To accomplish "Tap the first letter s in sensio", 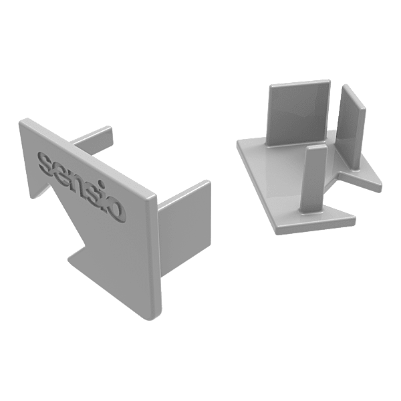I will click(47, 162).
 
